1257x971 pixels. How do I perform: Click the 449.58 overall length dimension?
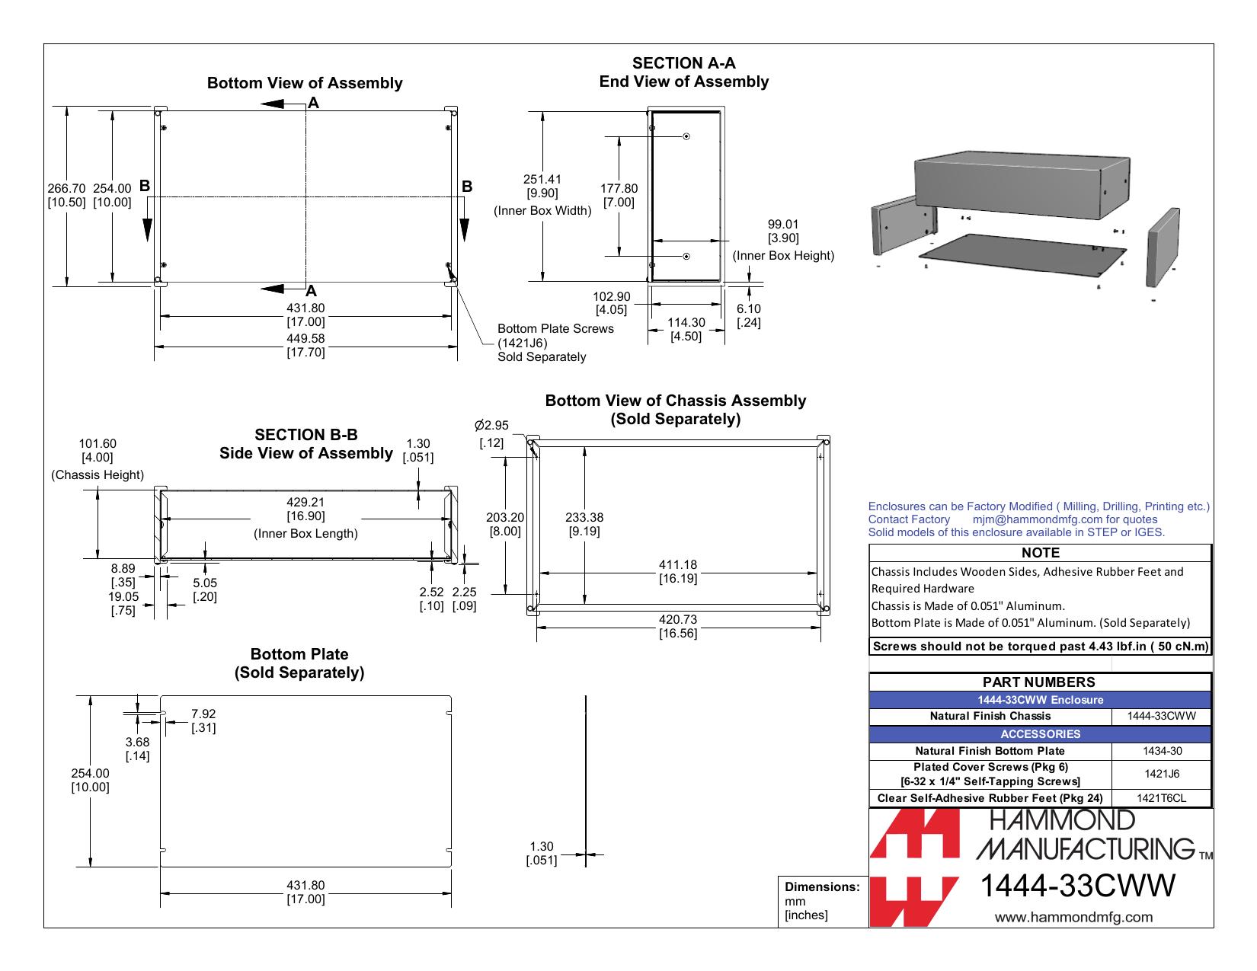pyautogui.click(x=305, y=338)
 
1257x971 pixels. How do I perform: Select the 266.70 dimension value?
pyautogui.click(x=66, y=189)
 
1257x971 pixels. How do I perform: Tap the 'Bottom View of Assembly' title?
pyautogui.click(x=305, y=83)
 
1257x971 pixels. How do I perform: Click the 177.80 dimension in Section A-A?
pyautogui.click(x=619, y=189)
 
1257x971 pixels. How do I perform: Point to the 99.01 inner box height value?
pyautogui.click(x=783, y=225)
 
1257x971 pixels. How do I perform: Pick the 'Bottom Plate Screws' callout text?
pyautogui.click(x=555, y=328)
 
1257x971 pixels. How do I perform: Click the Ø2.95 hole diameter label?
pyautogui.click(x=491, y=426)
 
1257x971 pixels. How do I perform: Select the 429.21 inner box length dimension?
pyautogui.click(x=305, y=503)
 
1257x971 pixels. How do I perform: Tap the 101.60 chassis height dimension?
pyautogui.click(x=98, y=443)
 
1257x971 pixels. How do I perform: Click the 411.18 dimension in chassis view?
pyautogui.click(x=678, y=564)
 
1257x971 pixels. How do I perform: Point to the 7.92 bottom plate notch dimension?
pyautogui.click(x=203, y=714)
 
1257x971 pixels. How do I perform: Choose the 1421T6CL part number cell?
pyautogui.click(x=1161, y=799)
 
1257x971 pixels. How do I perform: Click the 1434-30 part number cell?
pyautogui.click(x=1161, y=751)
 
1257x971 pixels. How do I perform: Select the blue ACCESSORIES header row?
pyautogui.click(x=1040, y=734)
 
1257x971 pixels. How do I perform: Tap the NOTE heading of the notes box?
pyautogui.click(x=1040, y=553)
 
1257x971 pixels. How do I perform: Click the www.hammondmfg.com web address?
pyautogui.click(x=1073, y=917)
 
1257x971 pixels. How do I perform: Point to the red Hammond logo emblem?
pyautogui.click(x=914, y=867)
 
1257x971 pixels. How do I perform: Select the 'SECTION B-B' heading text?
pyautogui.click(x=306, y=434)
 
